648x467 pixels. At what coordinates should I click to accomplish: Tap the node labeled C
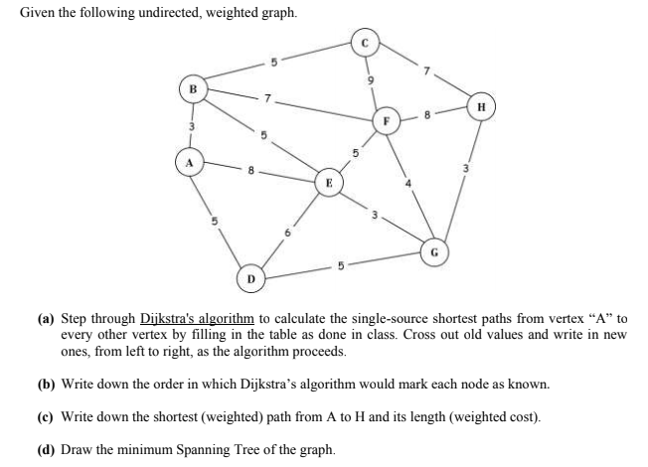364,42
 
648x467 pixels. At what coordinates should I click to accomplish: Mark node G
434,252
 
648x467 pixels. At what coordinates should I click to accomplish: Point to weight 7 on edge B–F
266,101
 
